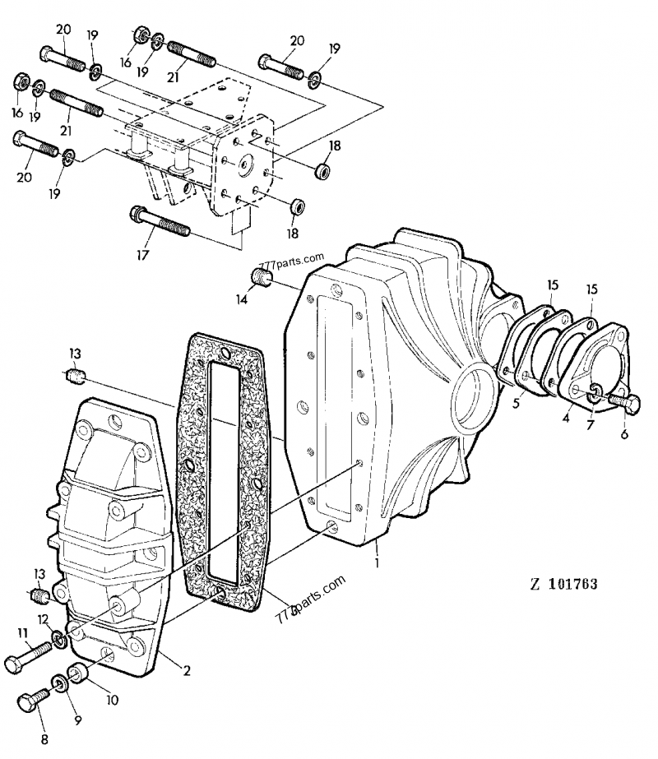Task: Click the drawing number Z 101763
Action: [563, 585]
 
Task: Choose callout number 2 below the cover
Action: [187, 670]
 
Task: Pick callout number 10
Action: [111, 701]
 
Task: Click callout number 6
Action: [624, 434]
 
